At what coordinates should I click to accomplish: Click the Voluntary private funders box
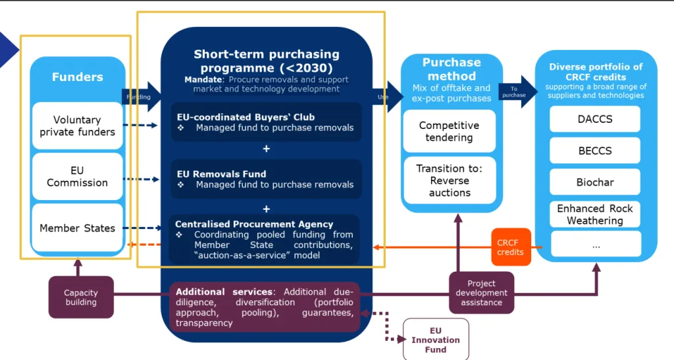(x=78, y=126)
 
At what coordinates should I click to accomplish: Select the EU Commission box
(x=78, y=176)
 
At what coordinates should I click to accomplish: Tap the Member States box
(x=78, y=228)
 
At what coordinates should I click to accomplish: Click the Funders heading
(x=78, y=77)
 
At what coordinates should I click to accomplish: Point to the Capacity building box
(x=81, y=297)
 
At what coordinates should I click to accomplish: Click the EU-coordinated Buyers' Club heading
(x=246, y=117)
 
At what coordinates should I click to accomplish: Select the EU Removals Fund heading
(x=221, y=174)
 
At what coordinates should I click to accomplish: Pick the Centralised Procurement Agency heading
(x=254, y=224)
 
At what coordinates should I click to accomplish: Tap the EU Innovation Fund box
(x=436, y=340)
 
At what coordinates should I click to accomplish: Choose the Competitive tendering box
(x=449, y=132)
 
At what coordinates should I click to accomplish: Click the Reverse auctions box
(x=450, y=180)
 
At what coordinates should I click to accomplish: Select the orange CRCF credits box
(x=511, y=247)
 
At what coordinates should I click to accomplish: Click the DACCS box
(x=595, y=119)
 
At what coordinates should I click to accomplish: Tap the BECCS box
(x=595, y=150)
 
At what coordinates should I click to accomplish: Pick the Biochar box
(x=595, y=182)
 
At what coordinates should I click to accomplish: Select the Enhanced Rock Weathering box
(x=595, y=215)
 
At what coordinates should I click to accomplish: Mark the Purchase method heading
(x=452, y=69)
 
